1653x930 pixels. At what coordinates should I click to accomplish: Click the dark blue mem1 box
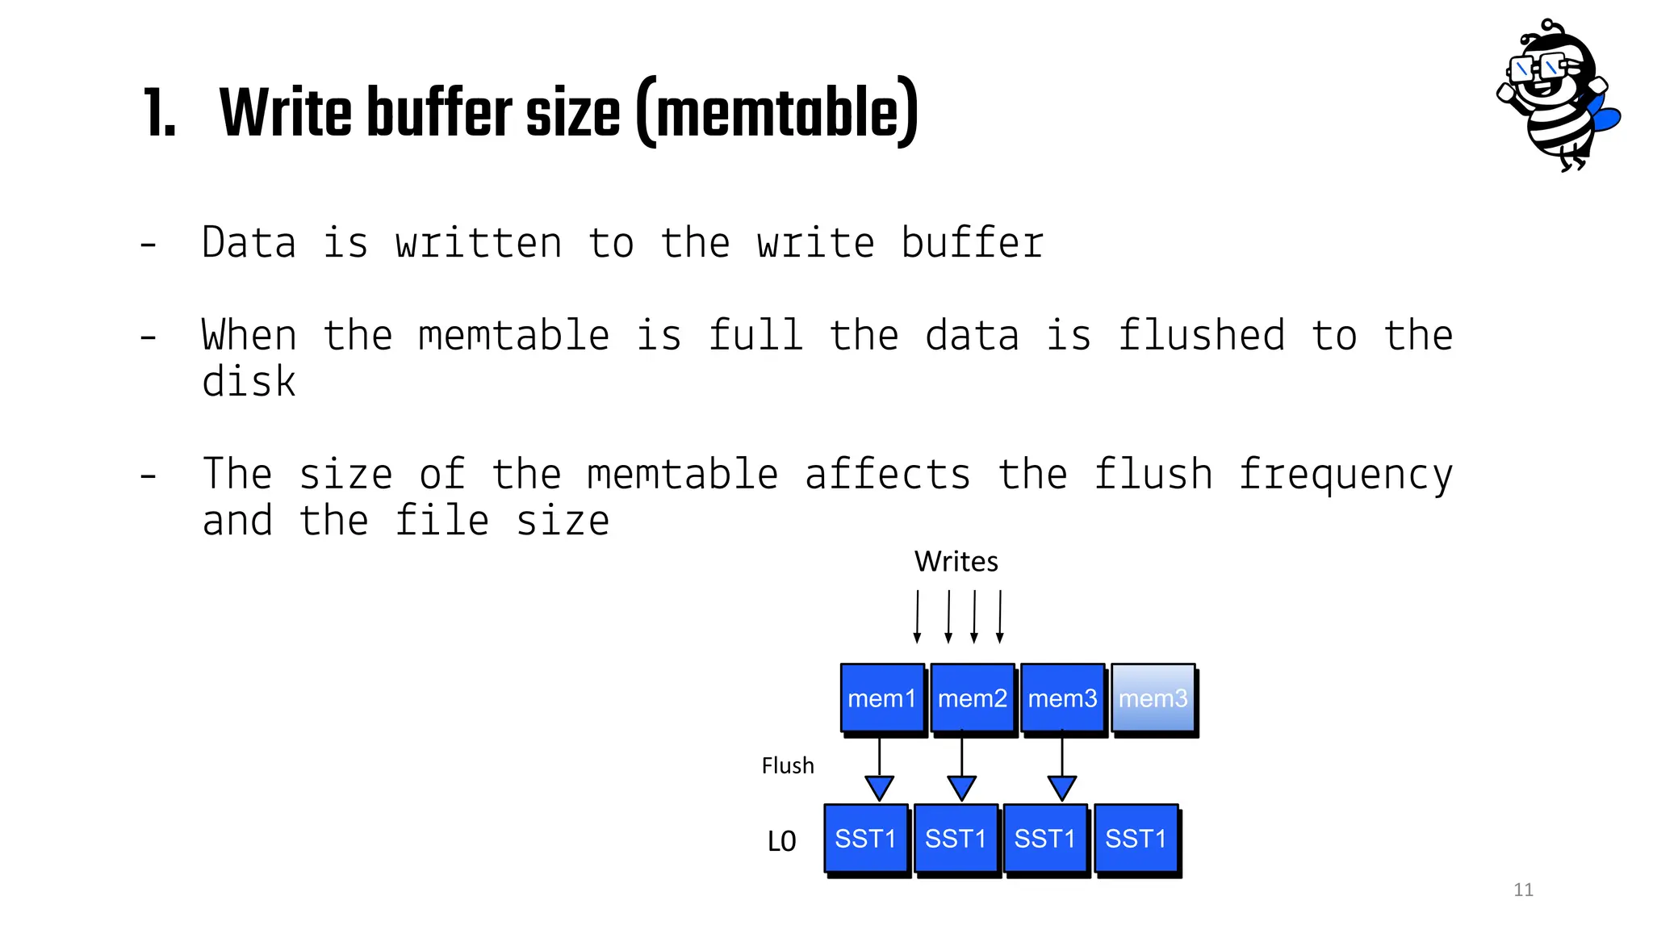pos(882,698)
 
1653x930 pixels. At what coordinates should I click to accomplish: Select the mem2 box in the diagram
pos(973,698)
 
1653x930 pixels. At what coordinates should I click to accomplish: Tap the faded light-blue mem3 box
pos(1153,698)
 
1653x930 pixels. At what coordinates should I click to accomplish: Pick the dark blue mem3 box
pos(1062,698)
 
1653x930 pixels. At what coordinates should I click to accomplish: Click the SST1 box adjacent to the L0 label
pos(865,839)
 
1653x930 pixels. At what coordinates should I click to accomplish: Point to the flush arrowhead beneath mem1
pos(879,787)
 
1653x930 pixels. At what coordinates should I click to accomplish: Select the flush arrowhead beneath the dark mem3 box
pos(1061,787)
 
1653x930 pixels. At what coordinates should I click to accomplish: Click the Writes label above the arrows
pos(956,561)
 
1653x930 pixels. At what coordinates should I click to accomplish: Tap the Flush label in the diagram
pos(788,765)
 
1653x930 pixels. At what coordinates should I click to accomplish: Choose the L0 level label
pos(781,841)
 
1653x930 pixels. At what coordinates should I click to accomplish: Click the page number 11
pos(1523,890)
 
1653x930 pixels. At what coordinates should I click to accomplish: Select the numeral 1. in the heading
pos(159,115)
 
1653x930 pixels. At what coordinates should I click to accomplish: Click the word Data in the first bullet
pos(249,243)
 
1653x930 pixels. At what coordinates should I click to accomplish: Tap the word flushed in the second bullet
pos(1201,335)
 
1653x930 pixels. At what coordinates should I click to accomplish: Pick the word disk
pos(249,381)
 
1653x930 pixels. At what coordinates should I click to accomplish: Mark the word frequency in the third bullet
pos(1345,475)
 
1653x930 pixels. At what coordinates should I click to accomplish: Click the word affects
pos(887,474)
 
